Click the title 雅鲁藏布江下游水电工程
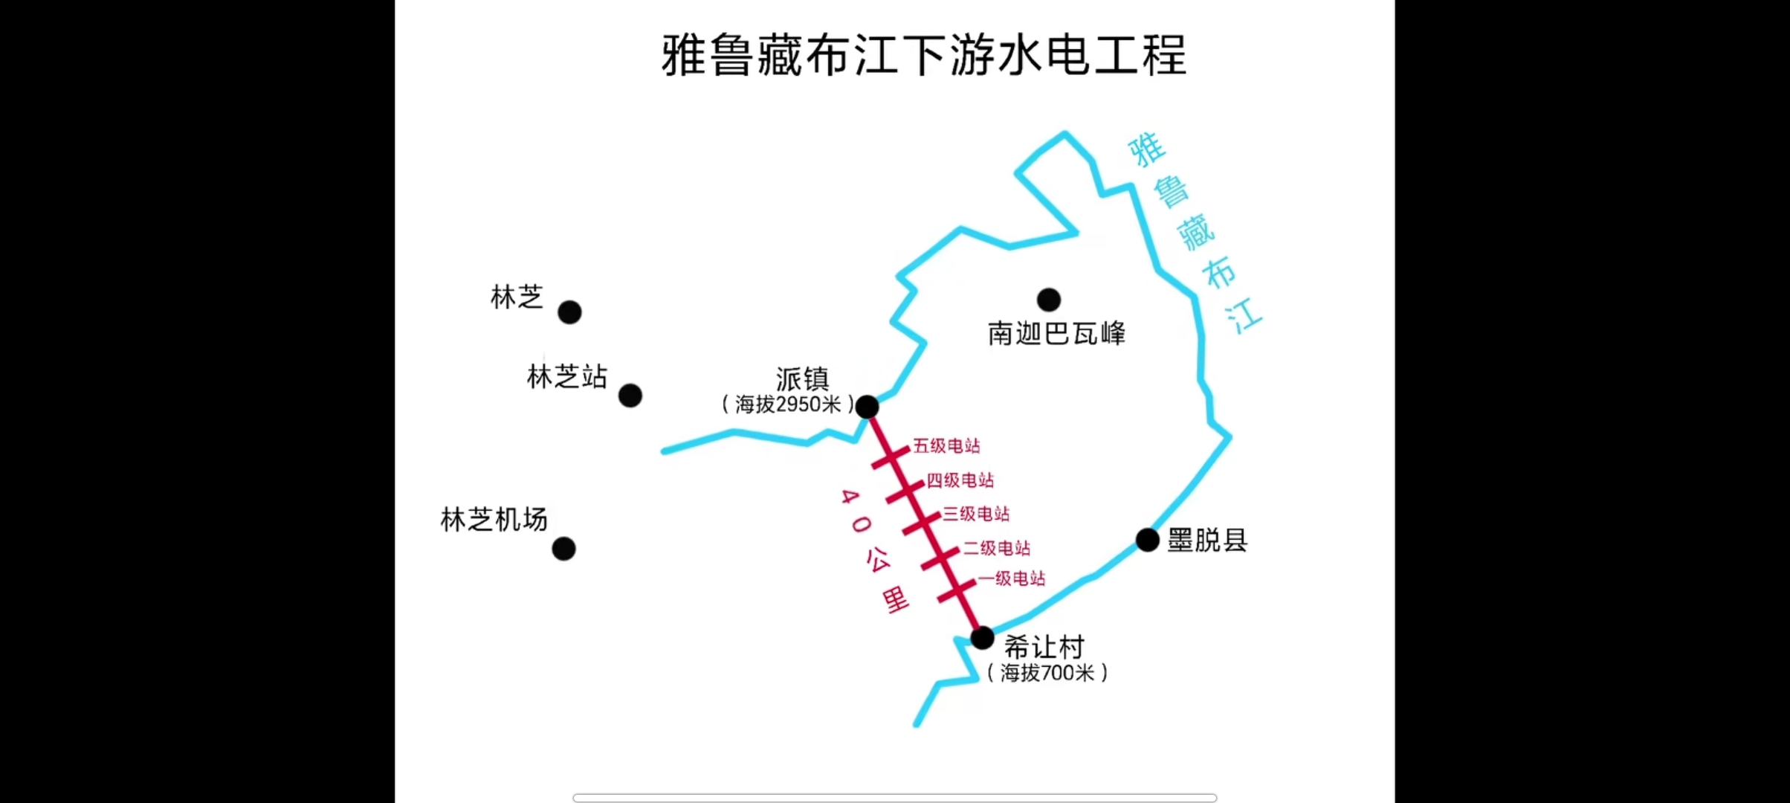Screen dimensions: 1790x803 [x=924, y=55]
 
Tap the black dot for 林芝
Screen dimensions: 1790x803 [x=569, y=312]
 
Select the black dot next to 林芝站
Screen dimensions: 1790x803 [x=630, y=396]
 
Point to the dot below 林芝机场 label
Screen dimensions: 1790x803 [x=563, y=549]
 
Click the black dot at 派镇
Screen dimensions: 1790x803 [x=867, y=407]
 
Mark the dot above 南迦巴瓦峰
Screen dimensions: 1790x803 [x=1049, y=300]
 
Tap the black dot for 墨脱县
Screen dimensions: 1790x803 [x=1148, y=540]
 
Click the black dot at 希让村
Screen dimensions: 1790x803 [x=982, y=638]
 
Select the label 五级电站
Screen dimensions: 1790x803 [x=946, y=445]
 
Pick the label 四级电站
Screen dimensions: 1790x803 [x=960, y=480]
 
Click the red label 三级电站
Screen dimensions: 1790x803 [x=976, y=514]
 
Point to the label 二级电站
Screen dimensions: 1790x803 [x=997, y=548]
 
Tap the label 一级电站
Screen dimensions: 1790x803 [x=1012, y=578]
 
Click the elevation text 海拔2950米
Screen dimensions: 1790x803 [x=788, y=404]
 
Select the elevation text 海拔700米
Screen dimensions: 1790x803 [x=1047, y=673]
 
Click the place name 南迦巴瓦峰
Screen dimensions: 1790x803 [x=1056, y=333]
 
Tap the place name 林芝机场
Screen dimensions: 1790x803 [x=494, y=519]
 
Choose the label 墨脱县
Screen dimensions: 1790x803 [x=1207, y=540]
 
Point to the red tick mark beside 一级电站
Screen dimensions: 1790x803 [x=957, y=591]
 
